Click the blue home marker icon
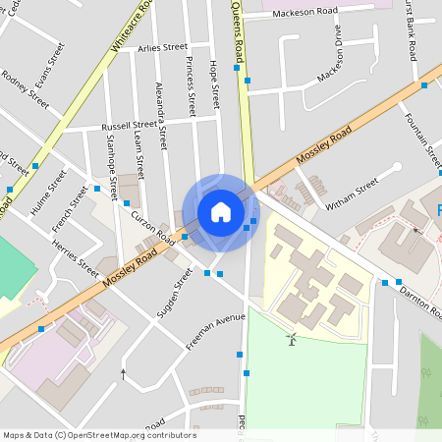(221, 211)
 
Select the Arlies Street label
(163, 47)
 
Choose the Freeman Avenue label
(215, 332)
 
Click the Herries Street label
(76, 256)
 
